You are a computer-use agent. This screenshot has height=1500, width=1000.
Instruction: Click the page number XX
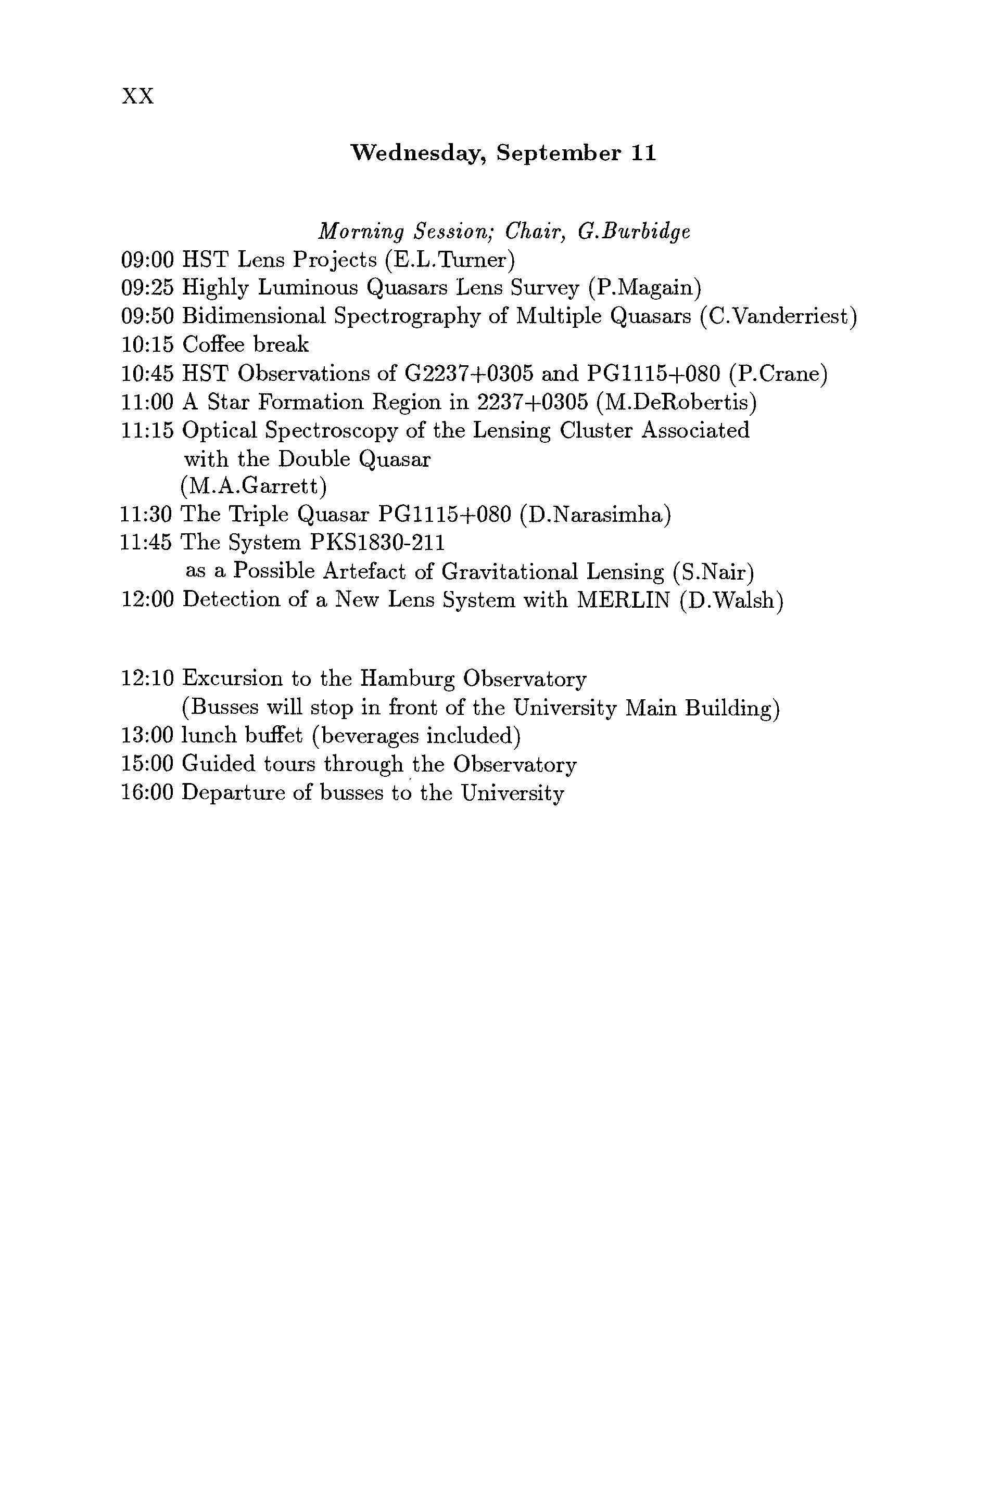pos(138,96)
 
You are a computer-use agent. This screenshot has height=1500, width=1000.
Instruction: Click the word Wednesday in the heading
pos(420,153)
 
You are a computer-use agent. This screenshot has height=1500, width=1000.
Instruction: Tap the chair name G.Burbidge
pos(634,232)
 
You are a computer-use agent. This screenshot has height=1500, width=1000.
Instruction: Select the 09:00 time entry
pos(147,260)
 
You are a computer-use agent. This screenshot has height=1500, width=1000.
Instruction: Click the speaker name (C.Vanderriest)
pos(778,316)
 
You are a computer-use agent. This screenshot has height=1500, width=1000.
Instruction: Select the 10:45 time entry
pos(147,374)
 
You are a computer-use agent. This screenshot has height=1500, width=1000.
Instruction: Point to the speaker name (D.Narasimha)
pos(596,515)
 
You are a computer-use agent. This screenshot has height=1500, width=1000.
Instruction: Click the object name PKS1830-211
pos(377,543)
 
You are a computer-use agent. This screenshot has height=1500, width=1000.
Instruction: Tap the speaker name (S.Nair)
pos(714,572)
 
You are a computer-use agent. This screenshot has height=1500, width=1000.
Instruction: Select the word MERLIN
pos(623,600)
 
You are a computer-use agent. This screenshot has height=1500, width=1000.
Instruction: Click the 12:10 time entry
pos(147,678)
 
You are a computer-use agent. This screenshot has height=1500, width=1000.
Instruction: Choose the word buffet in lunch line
pos(275,736)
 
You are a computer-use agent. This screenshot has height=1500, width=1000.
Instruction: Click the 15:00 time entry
pos(147,764)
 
